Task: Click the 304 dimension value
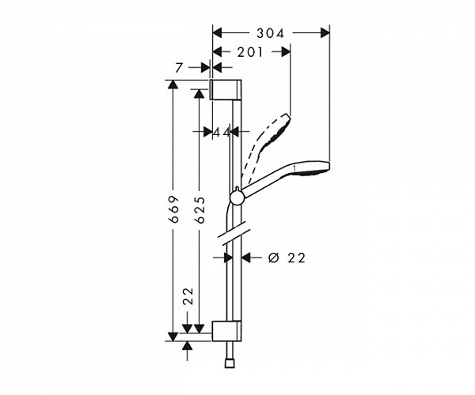[269, 32]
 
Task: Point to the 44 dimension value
[221, 132]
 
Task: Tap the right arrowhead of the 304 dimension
[324, 32]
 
